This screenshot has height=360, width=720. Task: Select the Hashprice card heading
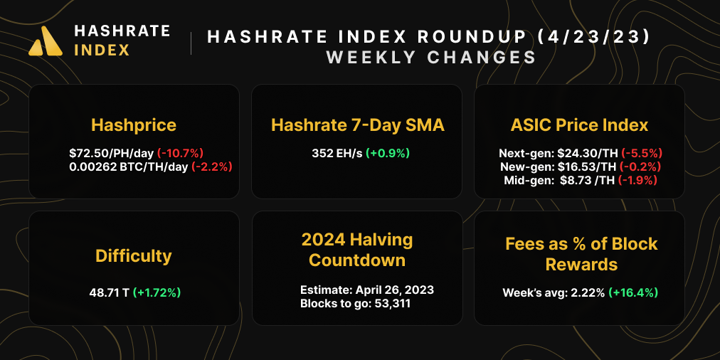point(134,125)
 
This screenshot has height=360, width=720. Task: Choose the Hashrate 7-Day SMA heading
point(357,125)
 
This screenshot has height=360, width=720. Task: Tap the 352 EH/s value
point(336,152)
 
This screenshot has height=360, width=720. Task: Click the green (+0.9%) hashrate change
point(388,152)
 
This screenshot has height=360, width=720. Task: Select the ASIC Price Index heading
point(579,125)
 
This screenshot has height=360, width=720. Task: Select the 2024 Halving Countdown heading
point(357,249)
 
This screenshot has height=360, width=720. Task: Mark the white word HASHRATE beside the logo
point(122,31)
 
